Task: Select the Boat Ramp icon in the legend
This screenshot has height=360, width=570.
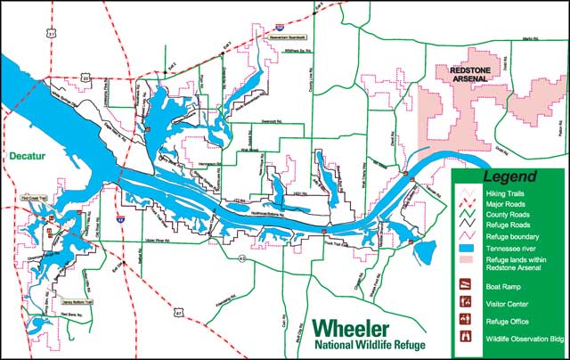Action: (x=465, y=286)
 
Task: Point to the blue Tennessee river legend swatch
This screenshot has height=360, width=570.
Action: (x=466, y=249)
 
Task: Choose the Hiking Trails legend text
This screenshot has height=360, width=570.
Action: (x=505, y=193)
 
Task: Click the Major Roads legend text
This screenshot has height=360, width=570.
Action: (x=505, y=204)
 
